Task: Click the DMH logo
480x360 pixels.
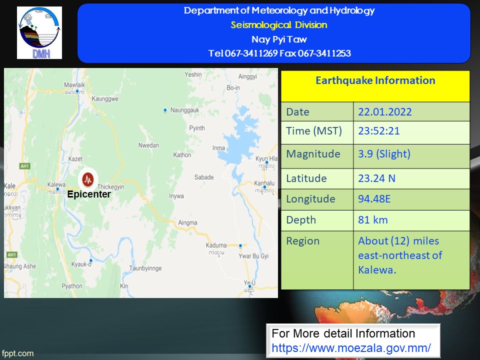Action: [x=39, y=33]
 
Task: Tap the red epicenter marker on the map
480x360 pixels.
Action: [x=88, y=179]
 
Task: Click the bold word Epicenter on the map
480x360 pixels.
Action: [x=89, y=194]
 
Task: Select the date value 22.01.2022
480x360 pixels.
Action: [x=385, y=112]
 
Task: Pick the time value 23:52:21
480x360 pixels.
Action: [x=379, y=131]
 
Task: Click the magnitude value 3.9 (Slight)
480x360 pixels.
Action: [x=384, y=154]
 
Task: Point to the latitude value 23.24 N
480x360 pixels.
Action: [x=377, y=178]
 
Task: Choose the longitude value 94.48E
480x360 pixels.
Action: [x=374, y=199]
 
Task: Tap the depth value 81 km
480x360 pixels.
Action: [x=373, y=220]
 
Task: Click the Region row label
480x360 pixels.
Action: [x=303, y=241]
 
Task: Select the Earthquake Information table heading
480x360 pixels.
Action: [x=375, y=80]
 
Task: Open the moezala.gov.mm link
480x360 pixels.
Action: [x=351, y=348]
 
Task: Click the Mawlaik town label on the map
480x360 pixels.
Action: [x=74, y=85]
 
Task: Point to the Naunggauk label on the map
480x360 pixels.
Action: [x=185, y=110]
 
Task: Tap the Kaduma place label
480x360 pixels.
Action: [x=216, y=245]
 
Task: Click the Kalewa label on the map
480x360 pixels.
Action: [x=56, y=184]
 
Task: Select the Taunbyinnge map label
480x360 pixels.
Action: [x=145, y=268]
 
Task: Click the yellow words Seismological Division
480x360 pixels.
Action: [x=279, y=25]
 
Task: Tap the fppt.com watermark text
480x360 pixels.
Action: [x=17, y=353]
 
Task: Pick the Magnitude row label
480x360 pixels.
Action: [x=313, y=154]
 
